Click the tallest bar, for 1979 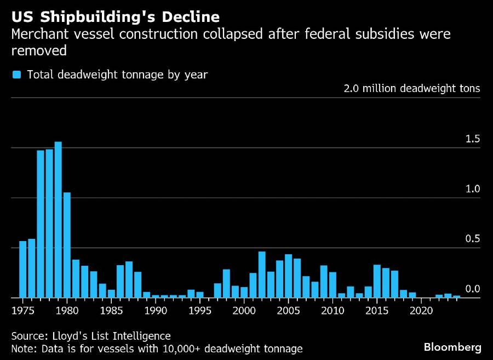point(58,220)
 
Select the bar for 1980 point(67,245)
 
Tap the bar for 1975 point(23,270)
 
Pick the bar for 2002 point(262,275)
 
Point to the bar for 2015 point(377,281)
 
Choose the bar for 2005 point(288,276)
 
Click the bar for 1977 point(41,224)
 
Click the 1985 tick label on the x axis point(111,311)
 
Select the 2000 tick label point(244,311)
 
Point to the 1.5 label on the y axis point(472,139)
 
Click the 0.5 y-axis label point(472,239)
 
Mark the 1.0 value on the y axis point(472,188)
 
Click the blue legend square point(17,75)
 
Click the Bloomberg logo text point(452,347)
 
